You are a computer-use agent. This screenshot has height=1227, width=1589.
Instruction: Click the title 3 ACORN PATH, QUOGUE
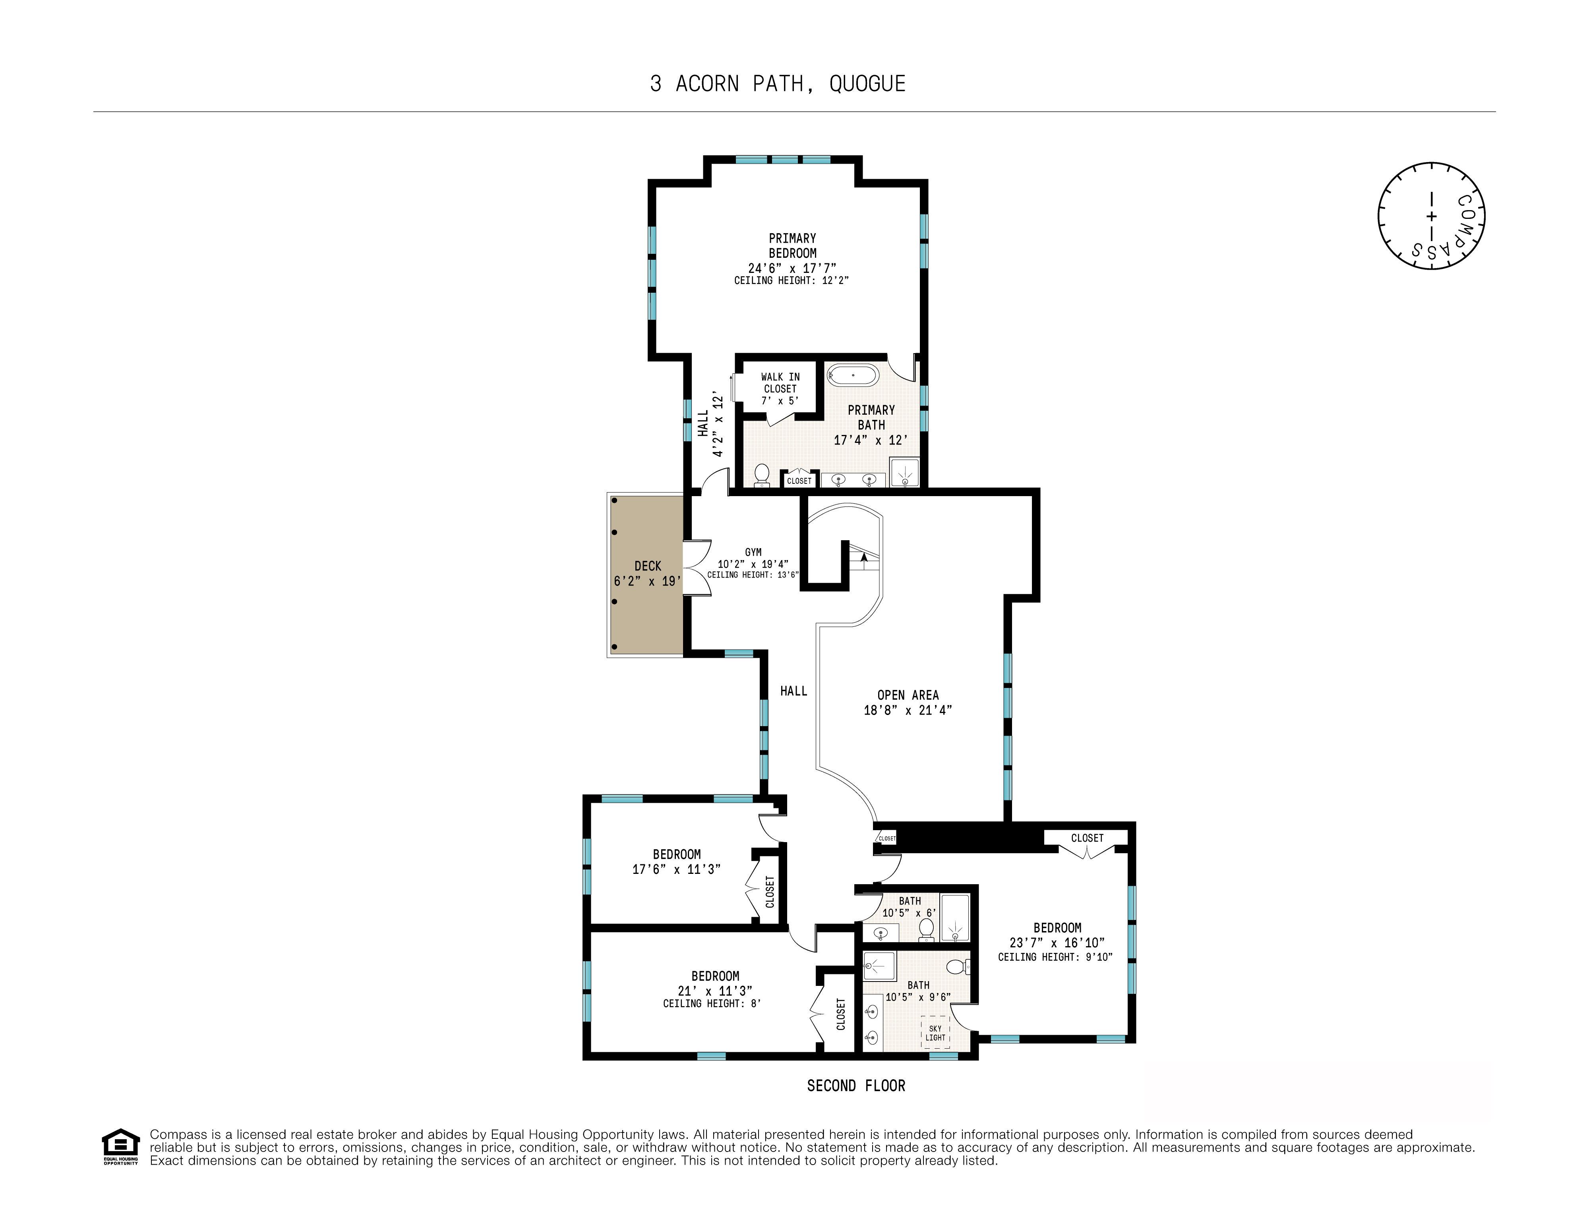point(778,84)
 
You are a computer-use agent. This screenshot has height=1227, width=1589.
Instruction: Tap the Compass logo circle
point(1431,216)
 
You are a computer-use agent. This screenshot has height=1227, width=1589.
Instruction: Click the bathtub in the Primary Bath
point(854,375)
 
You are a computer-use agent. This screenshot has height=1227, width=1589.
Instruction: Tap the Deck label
point(648,566)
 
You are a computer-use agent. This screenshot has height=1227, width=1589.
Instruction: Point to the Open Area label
point(908,695)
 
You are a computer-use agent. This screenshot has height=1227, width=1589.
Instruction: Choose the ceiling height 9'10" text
point(1055,957)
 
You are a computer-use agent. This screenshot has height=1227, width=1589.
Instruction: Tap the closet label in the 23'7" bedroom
point(1087,838)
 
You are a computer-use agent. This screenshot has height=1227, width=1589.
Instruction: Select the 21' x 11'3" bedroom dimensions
point(715,991)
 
